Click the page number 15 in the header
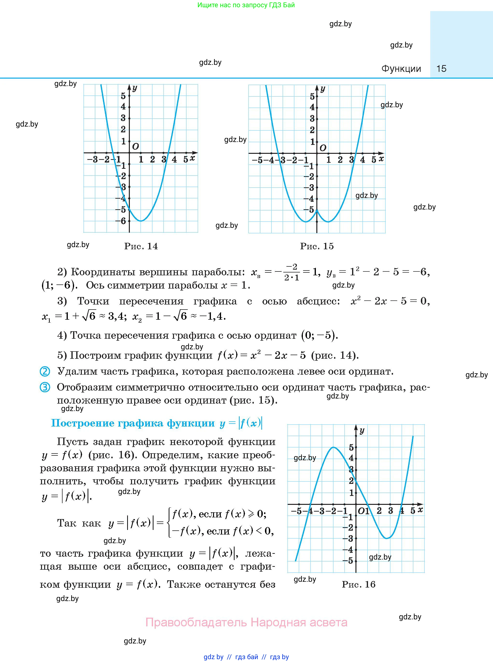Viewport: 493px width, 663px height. click(x=441, y=68)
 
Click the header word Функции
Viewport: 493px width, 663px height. click(x=401, y=68)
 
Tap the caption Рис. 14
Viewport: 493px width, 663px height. click(x=141, y=246)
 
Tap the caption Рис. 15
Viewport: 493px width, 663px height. click(x=317, y=246)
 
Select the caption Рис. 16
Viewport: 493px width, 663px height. click(x=358, y=584)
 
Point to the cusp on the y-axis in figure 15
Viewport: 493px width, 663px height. click(x=317, y=210)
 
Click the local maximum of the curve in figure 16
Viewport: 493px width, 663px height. click(x=333, y=447)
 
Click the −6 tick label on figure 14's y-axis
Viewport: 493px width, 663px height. click(x=122, y=221)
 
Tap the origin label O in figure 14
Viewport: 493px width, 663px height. click(x=135, y=146)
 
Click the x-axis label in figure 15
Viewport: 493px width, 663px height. click(x=381, y=159)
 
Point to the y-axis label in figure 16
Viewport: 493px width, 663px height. click(x=362, y=431)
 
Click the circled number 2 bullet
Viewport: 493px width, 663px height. click(x=45, y=372)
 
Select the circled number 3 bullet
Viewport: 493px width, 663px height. click(x=45, y=387)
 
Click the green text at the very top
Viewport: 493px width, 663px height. click(x=246, y=5)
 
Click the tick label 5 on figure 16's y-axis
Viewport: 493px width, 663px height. click(x=351, y=447)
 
